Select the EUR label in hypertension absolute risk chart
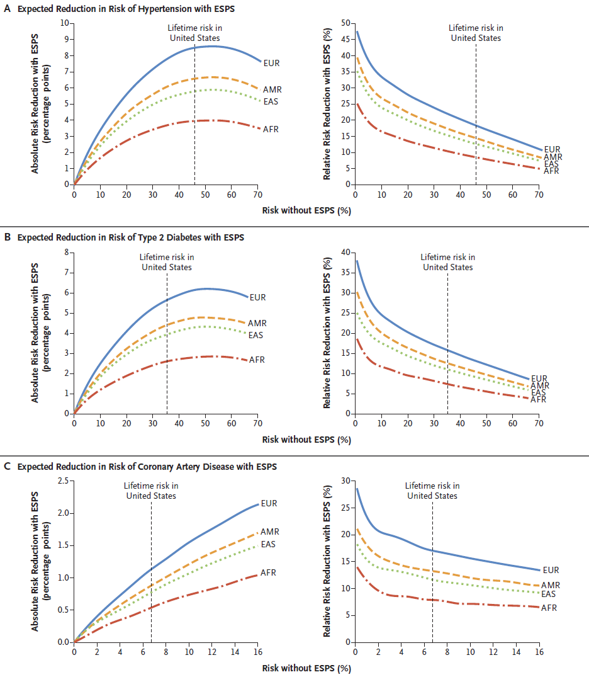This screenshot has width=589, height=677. click(x=272, y=63)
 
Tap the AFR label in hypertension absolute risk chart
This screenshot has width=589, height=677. click(x=272, y=129)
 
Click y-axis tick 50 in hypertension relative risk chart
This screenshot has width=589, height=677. click(x=345, y=23)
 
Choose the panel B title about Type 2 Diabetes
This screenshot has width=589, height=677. click(x=130, y=237)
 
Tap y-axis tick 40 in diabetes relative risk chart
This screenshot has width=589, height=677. click(x=345, y=253)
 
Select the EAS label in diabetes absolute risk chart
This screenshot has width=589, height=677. click(x=255, y=335)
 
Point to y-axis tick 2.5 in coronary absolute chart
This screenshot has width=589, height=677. click(x=62, y=481)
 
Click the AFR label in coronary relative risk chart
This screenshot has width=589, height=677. click(x=549, y=608)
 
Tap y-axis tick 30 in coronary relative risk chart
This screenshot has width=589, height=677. click(x=345, y=481)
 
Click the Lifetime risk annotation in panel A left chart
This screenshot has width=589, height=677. click(x=194, y=33)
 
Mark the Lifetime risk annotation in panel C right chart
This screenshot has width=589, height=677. click(x=432, y=491)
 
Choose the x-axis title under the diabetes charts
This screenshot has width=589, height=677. click(x=306, y=440)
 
